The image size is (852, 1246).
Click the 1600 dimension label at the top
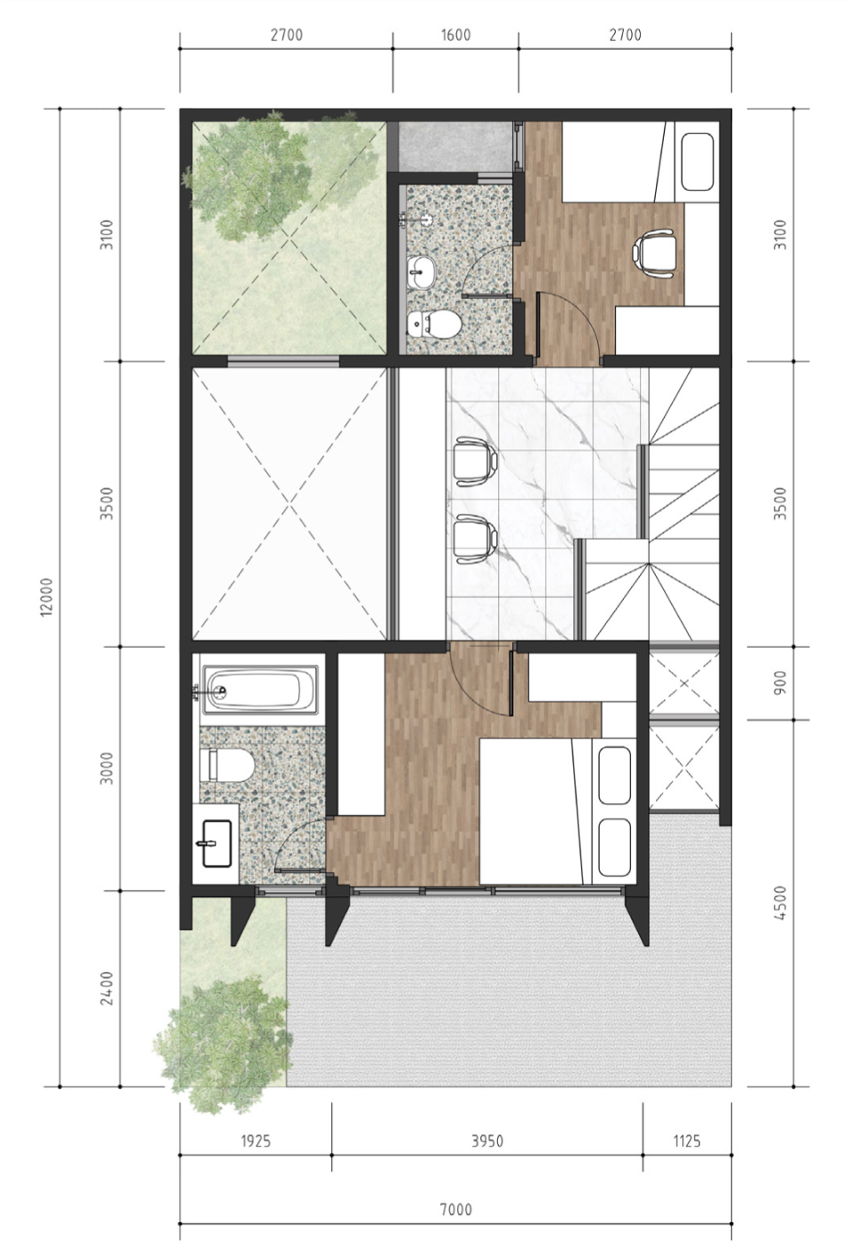click(x=455, y=35)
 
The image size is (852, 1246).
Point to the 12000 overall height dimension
click(x=47, y=596)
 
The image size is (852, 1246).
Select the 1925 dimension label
click(x=256, y=1141)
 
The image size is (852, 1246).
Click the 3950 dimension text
click(x=487, y=1141)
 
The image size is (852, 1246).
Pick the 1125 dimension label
click(x=687, y=1141)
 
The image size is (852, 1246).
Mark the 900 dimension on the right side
click(x=780, y=682)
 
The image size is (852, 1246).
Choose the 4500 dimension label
click(x=780, y=903)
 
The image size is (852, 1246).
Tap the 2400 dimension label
click(x=106, y=988)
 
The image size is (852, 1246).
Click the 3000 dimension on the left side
click(x=106, y=769)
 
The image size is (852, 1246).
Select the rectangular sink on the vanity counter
click(x=217, y=843)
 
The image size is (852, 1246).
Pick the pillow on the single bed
click(x=697, y=162)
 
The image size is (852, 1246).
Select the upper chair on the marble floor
click(x=475, y=459)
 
